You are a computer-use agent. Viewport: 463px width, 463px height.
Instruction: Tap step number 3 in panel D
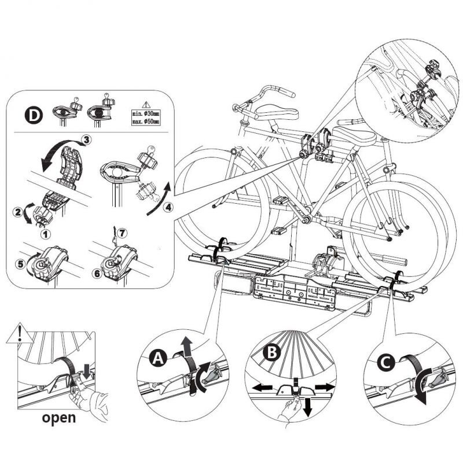pyautogui.click(x=85, y=139)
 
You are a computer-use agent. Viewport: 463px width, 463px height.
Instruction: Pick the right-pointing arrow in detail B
pyautogui.click(x=327, y=385)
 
